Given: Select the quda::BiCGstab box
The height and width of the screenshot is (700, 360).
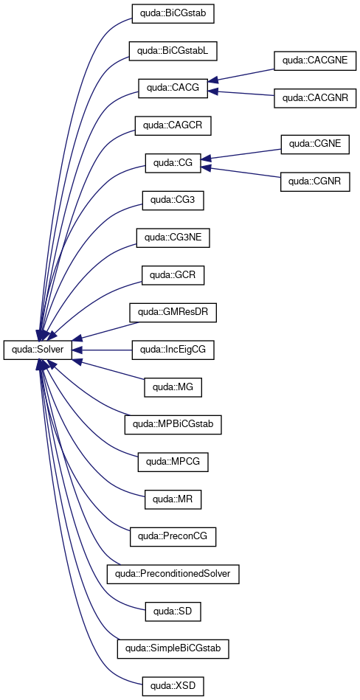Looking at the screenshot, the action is (x=173, y=14).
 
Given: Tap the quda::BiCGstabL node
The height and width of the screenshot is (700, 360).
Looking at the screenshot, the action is (x=173, y=52).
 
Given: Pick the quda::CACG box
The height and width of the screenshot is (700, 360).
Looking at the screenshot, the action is (x=173, y=89).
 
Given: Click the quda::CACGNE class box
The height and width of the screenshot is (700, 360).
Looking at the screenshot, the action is (x=315, y=60).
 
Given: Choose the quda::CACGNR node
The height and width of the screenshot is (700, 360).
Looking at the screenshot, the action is (x=315, y=98).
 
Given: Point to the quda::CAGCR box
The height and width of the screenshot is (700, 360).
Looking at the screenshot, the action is (x=173, y=126).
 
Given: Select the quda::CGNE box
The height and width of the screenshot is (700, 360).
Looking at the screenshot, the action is (x=315, y=145).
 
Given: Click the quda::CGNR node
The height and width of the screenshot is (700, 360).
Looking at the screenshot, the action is (x=315, y=182).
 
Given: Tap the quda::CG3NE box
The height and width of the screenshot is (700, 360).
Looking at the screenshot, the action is (x=173, y=238).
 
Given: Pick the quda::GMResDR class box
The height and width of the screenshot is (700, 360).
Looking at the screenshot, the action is (x=173, y=313).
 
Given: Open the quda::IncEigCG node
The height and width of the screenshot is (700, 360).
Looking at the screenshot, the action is (x=173, y=350).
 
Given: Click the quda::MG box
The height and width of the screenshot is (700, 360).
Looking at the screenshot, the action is (x=173, y=387).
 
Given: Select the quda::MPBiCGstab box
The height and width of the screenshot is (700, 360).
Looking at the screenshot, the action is (x=173, y=425).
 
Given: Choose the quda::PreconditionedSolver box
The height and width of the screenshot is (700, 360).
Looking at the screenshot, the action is (x=173, y=574).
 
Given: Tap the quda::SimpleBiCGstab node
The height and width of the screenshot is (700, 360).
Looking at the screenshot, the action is (x=173, y=648).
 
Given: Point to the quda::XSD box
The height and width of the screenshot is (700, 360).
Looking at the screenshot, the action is (x=173, y=686).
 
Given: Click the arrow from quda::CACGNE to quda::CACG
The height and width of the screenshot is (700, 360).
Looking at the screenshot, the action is (x=240, y=75).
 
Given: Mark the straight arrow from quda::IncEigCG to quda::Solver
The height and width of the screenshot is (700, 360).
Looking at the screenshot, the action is (x=102, y=350).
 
